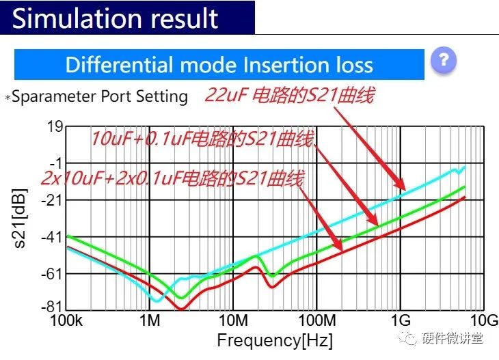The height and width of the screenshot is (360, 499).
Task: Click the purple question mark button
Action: click(443, 61)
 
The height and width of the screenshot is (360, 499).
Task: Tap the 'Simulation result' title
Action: click(116, 18)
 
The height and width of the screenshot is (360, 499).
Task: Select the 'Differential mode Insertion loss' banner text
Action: click(219, 65)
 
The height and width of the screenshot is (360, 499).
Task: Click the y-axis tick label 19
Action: click(55, 126)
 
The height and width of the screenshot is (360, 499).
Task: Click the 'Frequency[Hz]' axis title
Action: click(275, 340)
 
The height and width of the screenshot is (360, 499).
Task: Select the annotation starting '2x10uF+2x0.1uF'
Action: click(172, 180)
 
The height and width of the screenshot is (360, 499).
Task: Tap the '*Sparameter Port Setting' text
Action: click(96, 96)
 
